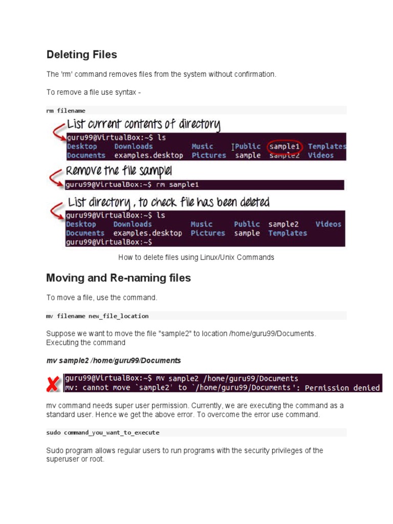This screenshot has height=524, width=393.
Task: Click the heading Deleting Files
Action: click(81, 55)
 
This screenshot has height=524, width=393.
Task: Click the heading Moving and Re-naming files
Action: click(118, 278)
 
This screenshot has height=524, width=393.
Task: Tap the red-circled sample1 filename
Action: click(285, 146)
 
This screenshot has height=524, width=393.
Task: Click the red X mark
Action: click(52, 384)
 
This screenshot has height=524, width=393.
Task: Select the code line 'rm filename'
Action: click(65, 111)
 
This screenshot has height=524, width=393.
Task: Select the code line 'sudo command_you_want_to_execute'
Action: click(103, 432)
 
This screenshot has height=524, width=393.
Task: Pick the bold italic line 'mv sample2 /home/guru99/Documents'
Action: click(114, 361)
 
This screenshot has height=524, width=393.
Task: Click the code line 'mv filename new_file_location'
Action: click(97, 316)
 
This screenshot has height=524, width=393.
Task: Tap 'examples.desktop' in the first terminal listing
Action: click(148, 156)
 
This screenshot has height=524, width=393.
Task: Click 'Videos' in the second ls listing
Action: click(328, 224)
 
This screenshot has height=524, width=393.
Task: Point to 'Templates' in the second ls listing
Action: click(288, 233)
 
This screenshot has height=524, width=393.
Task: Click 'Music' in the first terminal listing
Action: click(202, 146)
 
